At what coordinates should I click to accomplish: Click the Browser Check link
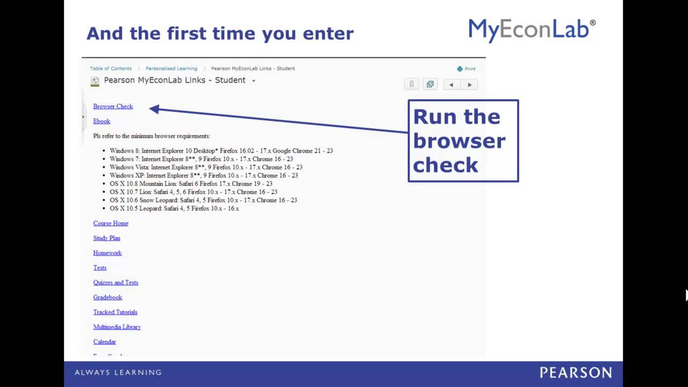[113, 106]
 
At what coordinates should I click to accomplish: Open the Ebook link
[102, 121]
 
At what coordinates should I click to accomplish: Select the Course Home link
[111, 223]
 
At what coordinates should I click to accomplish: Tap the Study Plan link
[106, 238]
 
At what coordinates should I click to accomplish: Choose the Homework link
[107, 253]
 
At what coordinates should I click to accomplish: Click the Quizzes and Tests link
[116, 282]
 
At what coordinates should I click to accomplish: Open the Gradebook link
[107, 297]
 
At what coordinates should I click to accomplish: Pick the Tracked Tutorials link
[115, 312]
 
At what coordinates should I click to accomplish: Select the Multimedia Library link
[117, 327]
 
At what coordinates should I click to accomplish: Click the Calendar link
[104, 342]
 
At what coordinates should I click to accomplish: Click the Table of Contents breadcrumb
[111, 68]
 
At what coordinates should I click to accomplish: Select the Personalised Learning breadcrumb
[171, 68]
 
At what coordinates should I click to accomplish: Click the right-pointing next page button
[470, 84]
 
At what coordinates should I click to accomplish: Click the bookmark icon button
[412, 84]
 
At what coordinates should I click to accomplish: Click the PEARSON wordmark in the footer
[576, 372]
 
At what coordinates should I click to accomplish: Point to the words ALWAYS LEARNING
[118, 372]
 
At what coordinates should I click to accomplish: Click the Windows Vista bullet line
[206, 167]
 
